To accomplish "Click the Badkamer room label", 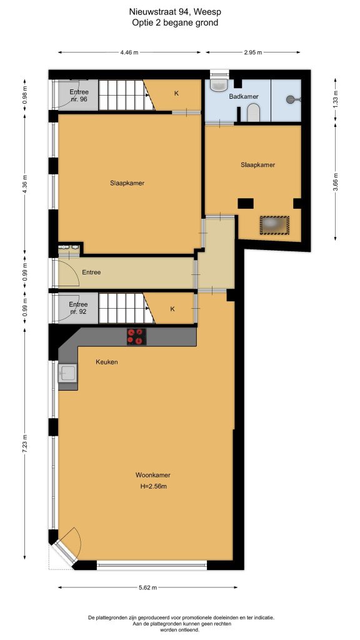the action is tap(244, 96).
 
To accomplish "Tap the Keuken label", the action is tap(107, 362).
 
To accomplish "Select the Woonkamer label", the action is tap(153, 475).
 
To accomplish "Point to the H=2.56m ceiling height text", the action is tap(154, 486).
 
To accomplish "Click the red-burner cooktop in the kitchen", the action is tap(136, 337).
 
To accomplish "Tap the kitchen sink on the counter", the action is tap(67, 373).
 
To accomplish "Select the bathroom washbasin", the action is tap(219, 84).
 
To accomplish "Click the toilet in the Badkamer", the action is tap(253, 112).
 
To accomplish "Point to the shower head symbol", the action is tap(292, 99).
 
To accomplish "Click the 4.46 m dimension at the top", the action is tap(129, 52).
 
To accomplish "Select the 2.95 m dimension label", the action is tap(253, 52).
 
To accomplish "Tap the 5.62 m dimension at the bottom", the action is tap(148, 587).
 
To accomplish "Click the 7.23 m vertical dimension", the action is tap(25, 443).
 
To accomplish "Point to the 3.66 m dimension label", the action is tap(336, 182).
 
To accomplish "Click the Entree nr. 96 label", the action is tap(78, 95).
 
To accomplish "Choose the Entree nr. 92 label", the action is tap(78, 307).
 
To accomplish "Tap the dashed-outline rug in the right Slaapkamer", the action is tap(275, 225).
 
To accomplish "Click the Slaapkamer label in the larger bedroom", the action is tap(127, 183).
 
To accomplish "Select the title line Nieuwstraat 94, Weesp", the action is tap(175, 12).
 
